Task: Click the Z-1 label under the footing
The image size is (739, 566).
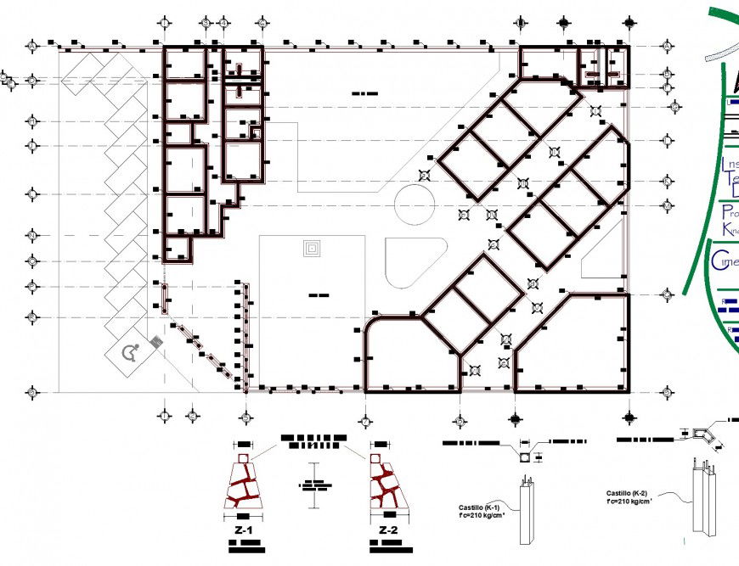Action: point(244,530)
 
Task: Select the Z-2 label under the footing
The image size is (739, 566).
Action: point(388,530)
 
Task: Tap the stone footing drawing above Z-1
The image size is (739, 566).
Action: point(243,485)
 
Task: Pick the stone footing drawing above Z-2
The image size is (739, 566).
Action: point(388,485)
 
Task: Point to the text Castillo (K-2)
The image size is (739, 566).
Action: point(627,493)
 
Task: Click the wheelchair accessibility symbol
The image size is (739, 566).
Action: point(131,353)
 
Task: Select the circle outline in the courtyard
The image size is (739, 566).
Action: point(415,207)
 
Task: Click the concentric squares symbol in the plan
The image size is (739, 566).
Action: point(313,249)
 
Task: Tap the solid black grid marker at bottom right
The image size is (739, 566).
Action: point(629,417)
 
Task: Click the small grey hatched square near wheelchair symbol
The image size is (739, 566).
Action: point(156,342)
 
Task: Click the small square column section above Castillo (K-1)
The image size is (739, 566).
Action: point(526,457)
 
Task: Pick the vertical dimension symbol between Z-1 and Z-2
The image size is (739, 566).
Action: point(314,485)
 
